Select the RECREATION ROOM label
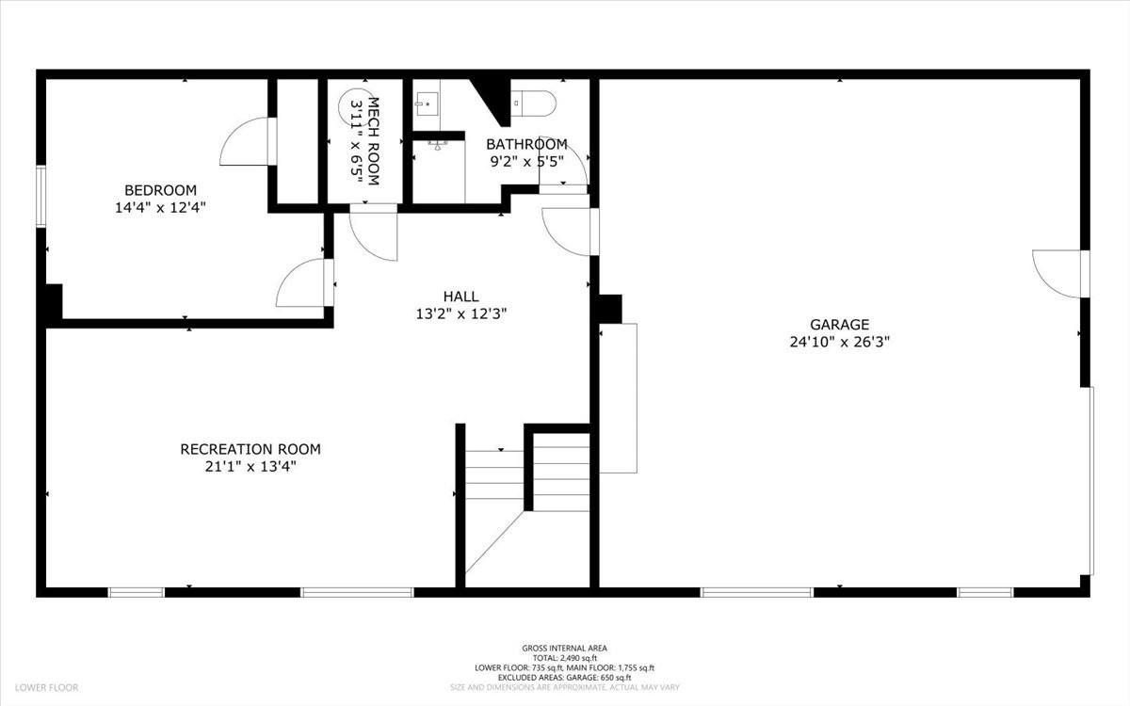(250, 449)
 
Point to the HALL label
(462, 296)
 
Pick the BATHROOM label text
(526, 144)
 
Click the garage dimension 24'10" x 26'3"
(839, 343)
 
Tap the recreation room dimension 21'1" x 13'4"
(250, 466)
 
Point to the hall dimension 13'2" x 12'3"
(462, 313)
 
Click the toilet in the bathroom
(533, 100)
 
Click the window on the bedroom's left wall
(40, 196)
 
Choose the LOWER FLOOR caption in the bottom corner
(45, 688)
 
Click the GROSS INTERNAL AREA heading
(564, 648)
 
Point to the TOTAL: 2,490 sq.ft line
(564, 658)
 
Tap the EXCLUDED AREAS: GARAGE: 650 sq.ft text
(564, 677)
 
